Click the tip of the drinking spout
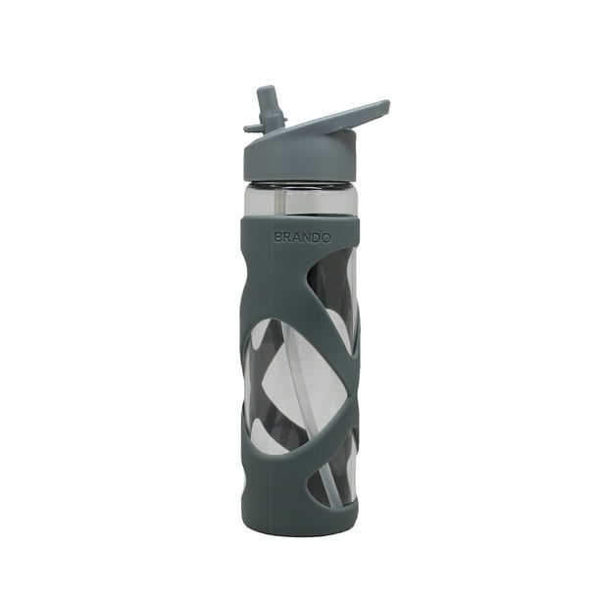pos(267,89)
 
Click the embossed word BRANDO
pos(302,238)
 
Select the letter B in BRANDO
pos(278,238)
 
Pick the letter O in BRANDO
pos(326,238)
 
